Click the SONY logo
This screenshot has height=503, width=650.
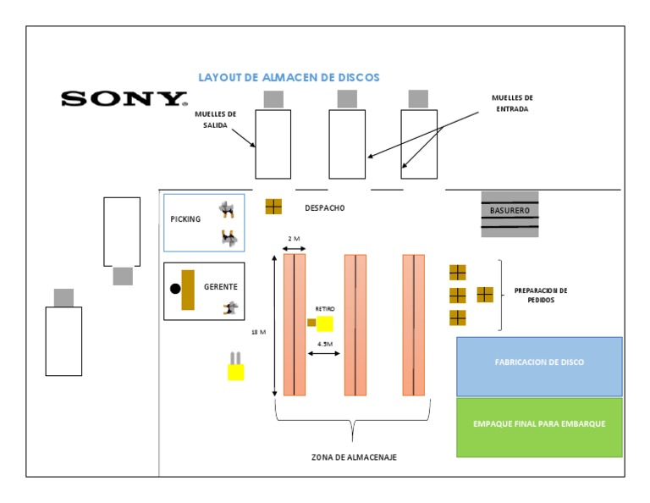coord(124,98)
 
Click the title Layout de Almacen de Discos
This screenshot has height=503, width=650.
coord(289,77)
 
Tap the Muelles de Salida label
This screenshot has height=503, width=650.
coord(215,119)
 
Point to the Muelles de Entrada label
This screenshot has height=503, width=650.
coord(512,103)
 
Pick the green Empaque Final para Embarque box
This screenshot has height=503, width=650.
coord(539,423)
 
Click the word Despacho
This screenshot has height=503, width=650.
coord(325,207)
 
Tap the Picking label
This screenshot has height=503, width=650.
coord(185,219)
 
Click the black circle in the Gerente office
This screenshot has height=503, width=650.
coord(175,288)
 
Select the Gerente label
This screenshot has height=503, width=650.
coord(220,287)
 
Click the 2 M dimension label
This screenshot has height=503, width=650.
coord(294,239)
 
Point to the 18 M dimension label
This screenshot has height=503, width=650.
coord(258,332)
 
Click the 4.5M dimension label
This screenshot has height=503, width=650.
coord(325,344)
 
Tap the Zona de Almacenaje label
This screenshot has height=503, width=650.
coord(354,457)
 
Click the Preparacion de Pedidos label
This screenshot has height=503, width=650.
coord(540,296)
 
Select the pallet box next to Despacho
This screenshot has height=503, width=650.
coord(273,206)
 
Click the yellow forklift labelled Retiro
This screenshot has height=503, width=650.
coord(322,323)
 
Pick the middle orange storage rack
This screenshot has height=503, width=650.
coord(355,324)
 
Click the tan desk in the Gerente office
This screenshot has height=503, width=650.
coord(188,290)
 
